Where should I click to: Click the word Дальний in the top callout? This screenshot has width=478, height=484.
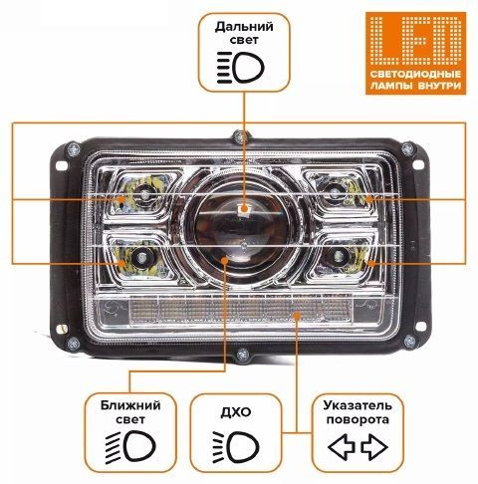[244, 27]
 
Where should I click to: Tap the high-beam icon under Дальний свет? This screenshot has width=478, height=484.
[240, 68]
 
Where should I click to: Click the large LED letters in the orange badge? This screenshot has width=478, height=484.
[415, 41]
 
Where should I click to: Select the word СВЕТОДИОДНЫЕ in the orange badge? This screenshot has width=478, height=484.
[415, 74]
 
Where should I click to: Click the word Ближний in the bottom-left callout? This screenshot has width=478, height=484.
[130, 405]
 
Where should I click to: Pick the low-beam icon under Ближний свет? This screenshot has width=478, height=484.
[130, 446]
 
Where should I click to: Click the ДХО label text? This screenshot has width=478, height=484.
[236, 412]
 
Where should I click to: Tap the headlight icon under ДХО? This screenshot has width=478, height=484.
[236, 446]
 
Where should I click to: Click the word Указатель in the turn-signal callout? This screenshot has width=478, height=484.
[358, 405]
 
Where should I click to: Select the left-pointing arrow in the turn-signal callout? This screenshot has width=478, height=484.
[342, 447]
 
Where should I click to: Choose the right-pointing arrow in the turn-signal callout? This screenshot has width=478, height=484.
[374, 447]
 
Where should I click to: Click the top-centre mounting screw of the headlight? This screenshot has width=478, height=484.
[241, 136]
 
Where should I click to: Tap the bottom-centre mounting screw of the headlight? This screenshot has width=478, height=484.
[243, 356]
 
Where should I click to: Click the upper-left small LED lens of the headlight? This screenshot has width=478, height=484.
[144, 193]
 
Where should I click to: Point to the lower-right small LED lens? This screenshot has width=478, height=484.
[339, 256]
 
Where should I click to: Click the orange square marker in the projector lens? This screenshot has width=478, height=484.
[244, 209]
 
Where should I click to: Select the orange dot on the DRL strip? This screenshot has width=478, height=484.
[297, 315]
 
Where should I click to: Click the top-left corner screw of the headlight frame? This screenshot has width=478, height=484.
[73, 148]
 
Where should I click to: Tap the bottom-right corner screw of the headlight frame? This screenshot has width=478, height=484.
[409, 342]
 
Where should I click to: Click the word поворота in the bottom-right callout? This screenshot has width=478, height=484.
[358, 419]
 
